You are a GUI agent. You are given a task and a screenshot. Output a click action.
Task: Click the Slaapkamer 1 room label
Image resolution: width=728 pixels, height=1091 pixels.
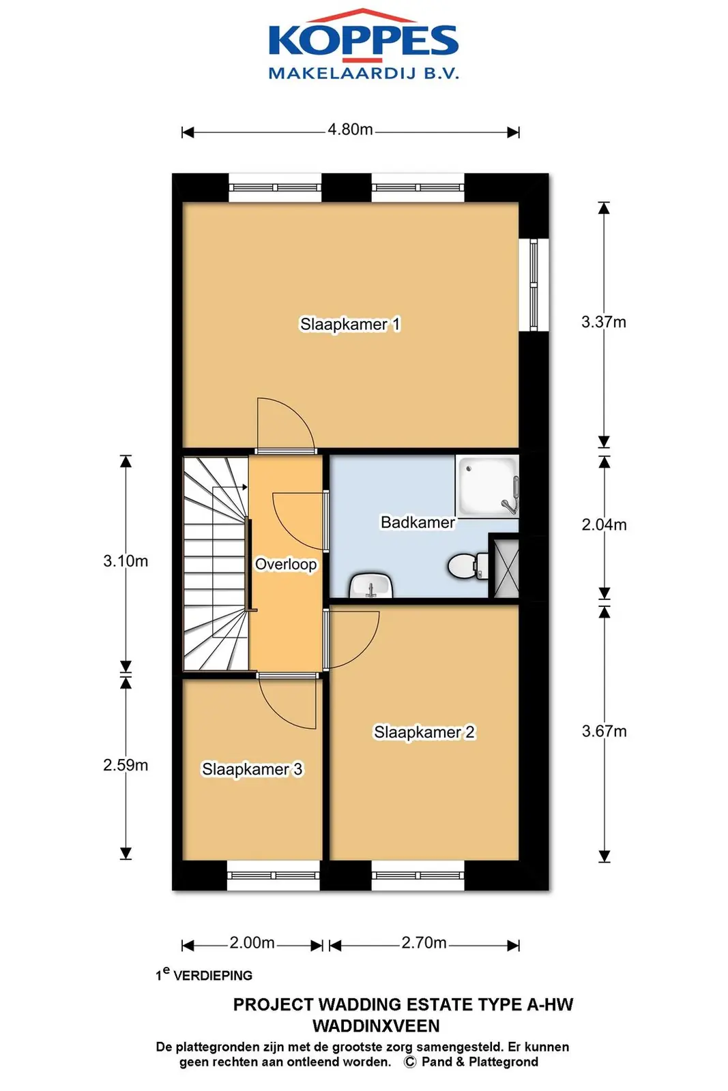[x=350, y=324]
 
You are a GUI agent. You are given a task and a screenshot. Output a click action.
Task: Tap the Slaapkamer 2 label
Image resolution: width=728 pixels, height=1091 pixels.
[x=424, y=732]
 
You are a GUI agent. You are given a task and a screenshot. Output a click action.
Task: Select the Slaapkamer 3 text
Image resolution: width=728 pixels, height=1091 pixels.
[x=252, y=769]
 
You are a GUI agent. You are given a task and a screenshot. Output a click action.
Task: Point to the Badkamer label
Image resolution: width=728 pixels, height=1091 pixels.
[x=418, y=522]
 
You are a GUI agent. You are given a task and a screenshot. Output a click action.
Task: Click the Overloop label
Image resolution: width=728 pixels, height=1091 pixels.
[x=286, y=564]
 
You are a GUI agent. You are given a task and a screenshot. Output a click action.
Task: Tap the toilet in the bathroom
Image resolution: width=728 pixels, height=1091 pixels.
[x=468, y=566]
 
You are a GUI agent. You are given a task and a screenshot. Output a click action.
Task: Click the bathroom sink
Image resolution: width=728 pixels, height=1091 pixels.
[x=370, y=586]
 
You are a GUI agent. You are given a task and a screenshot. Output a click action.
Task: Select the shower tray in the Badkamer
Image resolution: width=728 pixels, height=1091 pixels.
[x=486, y=487]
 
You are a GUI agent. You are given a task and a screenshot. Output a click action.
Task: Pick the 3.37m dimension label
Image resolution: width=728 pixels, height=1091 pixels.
[x=604, y=322]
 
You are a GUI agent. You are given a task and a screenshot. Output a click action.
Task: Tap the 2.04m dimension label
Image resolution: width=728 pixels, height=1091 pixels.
[x=604, y=524]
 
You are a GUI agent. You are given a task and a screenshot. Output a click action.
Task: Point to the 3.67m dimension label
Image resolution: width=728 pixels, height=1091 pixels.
[x=604, y=731]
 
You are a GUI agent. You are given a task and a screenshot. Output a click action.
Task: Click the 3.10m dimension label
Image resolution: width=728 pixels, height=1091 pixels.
[x=126, y=561]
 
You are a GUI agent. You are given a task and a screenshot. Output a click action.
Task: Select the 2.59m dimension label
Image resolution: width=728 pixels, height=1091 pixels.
[x=126, y=765]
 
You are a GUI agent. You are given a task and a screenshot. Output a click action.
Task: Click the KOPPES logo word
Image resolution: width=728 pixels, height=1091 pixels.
[x=364, y=40]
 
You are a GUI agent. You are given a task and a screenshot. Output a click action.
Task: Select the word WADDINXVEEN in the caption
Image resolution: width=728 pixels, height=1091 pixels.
[x=376, y=1026]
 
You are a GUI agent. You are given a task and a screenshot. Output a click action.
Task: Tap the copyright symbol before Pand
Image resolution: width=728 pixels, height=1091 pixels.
[x=410, y=1062]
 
